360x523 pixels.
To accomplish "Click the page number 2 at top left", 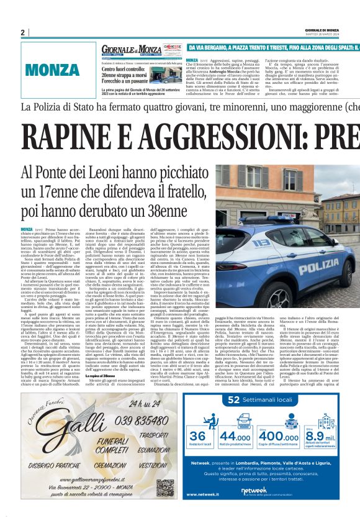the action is (23, 32).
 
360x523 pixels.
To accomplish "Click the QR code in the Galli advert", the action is (164, 470).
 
